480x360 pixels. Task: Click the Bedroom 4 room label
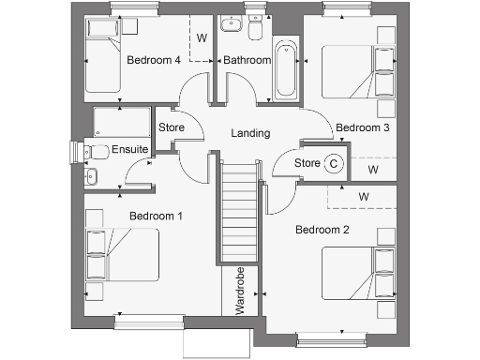(154, 60)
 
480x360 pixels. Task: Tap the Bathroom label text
(247, 60)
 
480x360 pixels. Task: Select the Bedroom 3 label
(362, 127)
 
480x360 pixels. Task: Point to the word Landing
(250, 133)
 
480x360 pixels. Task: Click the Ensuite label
(129, 149)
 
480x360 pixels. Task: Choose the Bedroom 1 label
(156, 217)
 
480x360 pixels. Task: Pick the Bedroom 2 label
(322, 230)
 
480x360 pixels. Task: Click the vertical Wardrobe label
(241, 291)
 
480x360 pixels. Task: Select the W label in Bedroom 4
(201, 38)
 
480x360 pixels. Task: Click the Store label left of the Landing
(171, 127)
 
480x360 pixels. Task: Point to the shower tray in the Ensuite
(119, 122)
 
